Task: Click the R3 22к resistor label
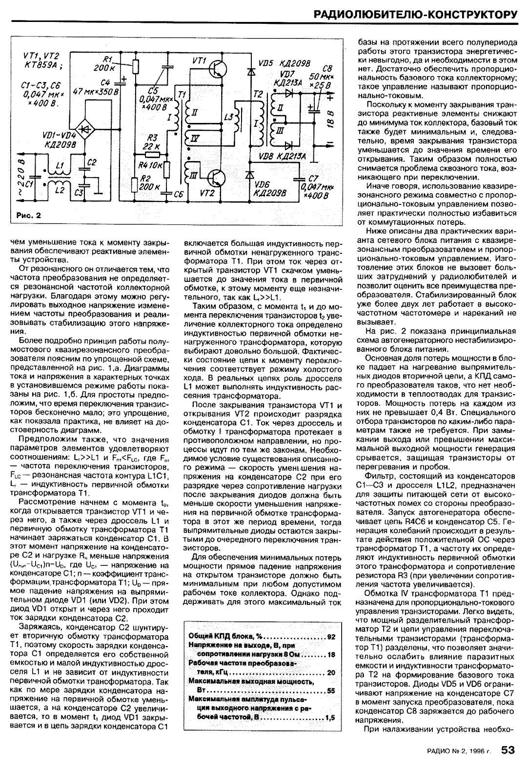(x=152, y=142)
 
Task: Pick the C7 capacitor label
(x=314, y=179)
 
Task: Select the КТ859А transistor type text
(x=41, y=65)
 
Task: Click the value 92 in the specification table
(x=331, y=637)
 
